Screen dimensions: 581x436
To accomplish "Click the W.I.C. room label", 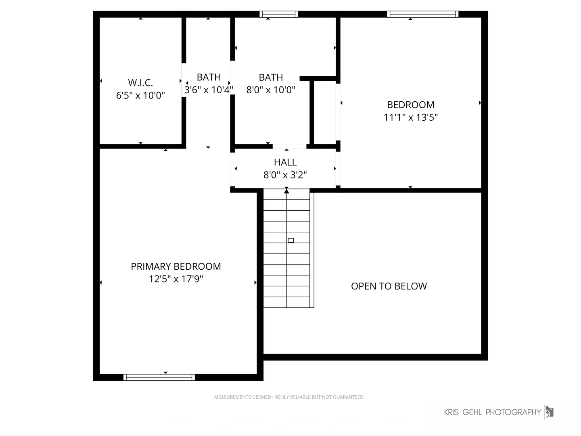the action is point(140,83).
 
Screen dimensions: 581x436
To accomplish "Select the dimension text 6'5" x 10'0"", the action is point(140,95).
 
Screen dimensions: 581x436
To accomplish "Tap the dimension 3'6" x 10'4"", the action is point(209,90).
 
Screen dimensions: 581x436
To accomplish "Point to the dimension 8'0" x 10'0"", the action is point(270,90).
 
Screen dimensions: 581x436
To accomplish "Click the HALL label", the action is point(285,162).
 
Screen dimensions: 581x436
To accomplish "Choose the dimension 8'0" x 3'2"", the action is point(285,175).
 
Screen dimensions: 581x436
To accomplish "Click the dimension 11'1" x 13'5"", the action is point(411,117).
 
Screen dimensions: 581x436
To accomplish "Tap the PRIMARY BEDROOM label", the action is point(176,266).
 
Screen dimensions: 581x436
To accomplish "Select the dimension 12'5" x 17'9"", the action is point(176,279).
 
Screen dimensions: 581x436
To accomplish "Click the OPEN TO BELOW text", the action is point(389,286).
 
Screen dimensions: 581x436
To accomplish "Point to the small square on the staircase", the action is point(290,240).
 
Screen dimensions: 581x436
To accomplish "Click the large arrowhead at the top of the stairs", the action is point(286,191).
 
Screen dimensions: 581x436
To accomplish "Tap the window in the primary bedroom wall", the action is point(159,377).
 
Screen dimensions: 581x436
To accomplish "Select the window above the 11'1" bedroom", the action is point(423,14).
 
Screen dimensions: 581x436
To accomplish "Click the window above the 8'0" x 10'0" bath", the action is point(279,14).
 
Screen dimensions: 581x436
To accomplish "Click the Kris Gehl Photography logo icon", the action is point(549,412).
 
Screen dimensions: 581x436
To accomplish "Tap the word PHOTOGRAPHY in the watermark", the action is point(513,412).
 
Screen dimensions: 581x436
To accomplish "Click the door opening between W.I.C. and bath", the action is point(184,80).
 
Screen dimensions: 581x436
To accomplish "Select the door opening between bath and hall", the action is point(290,147).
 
